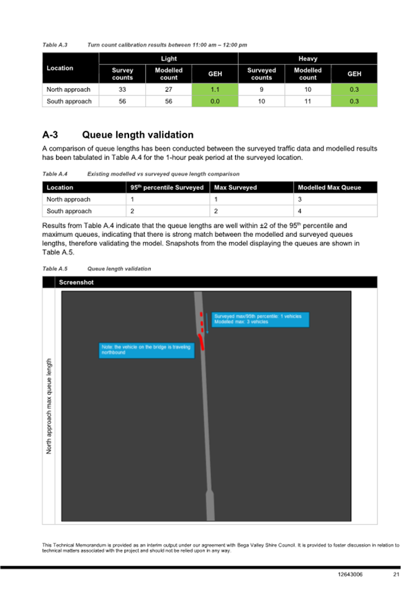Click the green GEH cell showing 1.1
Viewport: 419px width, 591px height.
click(x=215, y=89)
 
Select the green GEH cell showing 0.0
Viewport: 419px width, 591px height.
click(x=215, y=101)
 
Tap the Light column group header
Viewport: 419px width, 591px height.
click(x=168, y=58)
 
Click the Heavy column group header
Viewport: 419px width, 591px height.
click(x=308, y=58)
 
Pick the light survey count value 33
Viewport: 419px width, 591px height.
click(x=122, y=89)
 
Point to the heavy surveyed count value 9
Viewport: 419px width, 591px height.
click(x=261, y=89)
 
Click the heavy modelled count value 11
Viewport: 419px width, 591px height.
click(x=308, y=101)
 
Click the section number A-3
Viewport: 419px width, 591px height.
click(x=50, y=135)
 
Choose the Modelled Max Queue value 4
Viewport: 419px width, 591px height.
click(x=300, y=211)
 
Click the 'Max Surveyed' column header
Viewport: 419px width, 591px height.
click(x=236, y=187)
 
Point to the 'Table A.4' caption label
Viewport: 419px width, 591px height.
click(x=55, y=174)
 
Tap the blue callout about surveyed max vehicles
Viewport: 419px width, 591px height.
click(x=259, y=319)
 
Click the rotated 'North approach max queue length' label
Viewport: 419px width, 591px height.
click(x=50, y=406)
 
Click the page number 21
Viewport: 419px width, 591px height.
click(x=395, y=575)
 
